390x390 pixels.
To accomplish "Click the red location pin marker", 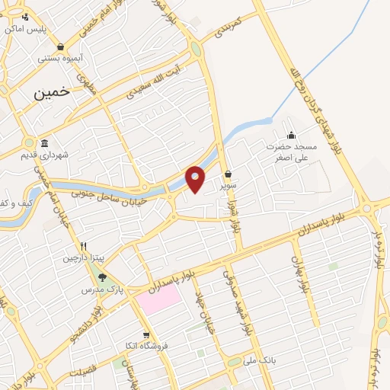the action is [196, 177].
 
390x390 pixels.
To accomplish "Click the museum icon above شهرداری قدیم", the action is [44, 144].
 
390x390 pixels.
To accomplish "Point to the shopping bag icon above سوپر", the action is [229, 173].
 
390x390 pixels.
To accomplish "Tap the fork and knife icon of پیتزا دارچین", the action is [84, 246].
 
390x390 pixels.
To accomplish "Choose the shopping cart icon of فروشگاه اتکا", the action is [145, 334].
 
